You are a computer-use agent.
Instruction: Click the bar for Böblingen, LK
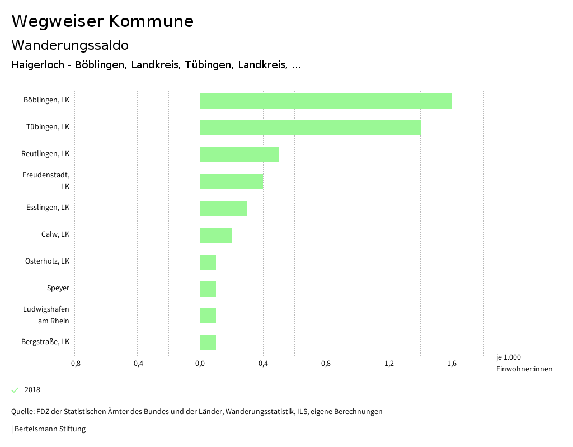click(326, 101)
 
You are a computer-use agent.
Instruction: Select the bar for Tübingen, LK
click(310, 128)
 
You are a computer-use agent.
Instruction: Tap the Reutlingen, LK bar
click(239, 154)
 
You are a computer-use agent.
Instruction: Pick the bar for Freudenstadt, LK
click(232, 181)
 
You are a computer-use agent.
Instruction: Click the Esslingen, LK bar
click(224, 208)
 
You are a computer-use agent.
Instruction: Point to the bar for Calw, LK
click(216, 235)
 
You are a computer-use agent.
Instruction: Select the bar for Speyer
click(208, 289)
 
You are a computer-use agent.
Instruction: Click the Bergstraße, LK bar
click(208, 342)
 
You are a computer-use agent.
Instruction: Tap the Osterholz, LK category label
click(47, 261)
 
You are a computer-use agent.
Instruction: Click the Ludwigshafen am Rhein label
click(46, 315)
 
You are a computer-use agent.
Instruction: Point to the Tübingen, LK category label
click(48, 127)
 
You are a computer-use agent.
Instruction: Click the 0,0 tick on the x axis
click(200, 364)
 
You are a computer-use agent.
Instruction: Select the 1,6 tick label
click(452, 364)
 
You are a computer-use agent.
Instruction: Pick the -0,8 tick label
click(74, 364)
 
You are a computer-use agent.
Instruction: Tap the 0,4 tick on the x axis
click(263, 364)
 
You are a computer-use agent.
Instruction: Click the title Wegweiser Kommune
click(102, 21)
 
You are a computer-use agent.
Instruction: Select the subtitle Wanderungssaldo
click(70, 45)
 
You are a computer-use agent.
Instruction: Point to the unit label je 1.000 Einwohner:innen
click(524, 363)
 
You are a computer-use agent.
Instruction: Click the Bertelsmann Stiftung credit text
click(49, 429)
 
